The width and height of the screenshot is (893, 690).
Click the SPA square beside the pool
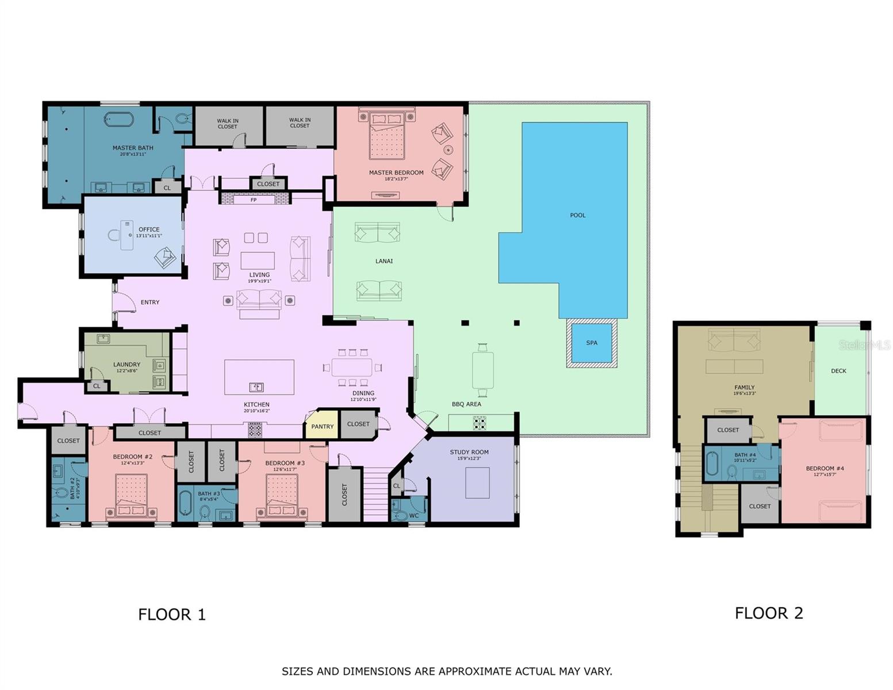pos(592,343)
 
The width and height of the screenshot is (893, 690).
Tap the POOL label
pos(577,216)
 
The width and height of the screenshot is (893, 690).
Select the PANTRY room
pos(322,427)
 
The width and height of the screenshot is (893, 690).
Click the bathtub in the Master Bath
pos(119,120)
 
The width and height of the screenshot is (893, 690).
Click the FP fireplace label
pos(254,200)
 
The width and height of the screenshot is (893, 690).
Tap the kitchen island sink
pos(256,387)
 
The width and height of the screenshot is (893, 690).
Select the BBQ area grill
pos(480,423)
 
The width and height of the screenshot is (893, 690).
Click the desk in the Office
pos(127,235)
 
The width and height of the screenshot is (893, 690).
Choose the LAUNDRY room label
pos(127,365)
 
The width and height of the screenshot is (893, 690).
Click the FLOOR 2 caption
pos(768,614)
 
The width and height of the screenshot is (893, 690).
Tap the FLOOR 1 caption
pos(171,615)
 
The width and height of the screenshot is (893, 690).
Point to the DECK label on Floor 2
pos(838,371)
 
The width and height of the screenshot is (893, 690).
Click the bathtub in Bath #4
pos(712,465)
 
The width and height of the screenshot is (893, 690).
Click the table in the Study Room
pos(477,482)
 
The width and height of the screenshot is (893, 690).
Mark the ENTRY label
pos(150,302)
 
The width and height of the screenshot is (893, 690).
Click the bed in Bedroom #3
pos(282,496)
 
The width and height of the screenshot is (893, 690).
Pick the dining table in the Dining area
pos(351,367)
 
